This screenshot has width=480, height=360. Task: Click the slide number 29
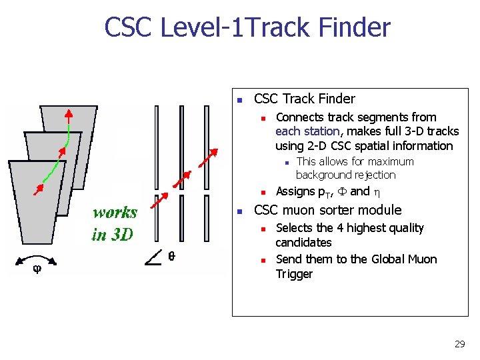459,344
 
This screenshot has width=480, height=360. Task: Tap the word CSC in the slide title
132,27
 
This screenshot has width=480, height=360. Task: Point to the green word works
115,213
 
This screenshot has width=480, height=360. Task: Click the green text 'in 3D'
113,234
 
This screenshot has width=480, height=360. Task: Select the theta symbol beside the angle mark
171,256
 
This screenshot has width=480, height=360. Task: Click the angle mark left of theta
151,257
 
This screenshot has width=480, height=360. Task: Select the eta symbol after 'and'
377,192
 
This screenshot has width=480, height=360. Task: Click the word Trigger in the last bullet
294,274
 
